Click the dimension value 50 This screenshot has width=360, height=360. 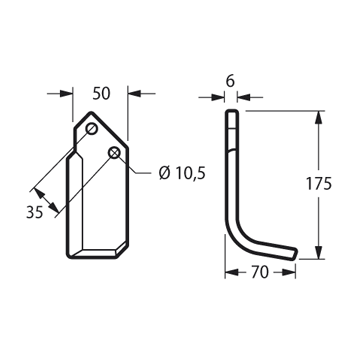(101, 94)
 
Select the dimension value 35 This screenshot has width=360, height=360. (35, 212)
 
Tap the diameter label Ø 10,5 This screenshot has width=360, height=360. (182, 173)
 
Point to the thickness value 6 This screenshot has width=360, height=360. (230, 82)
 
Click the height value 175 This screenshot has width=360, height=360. (319, 184)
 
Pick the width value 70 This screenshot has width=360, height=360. (260, 272)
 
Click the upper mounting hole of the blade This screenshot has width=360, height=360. (91, 128)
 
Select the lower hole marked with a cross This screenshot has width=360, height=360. (114, 153)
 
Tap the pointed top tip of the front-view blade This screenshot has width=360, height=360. (91, 112)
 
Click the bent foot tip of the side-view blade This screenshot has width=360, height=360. (295, 253)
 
